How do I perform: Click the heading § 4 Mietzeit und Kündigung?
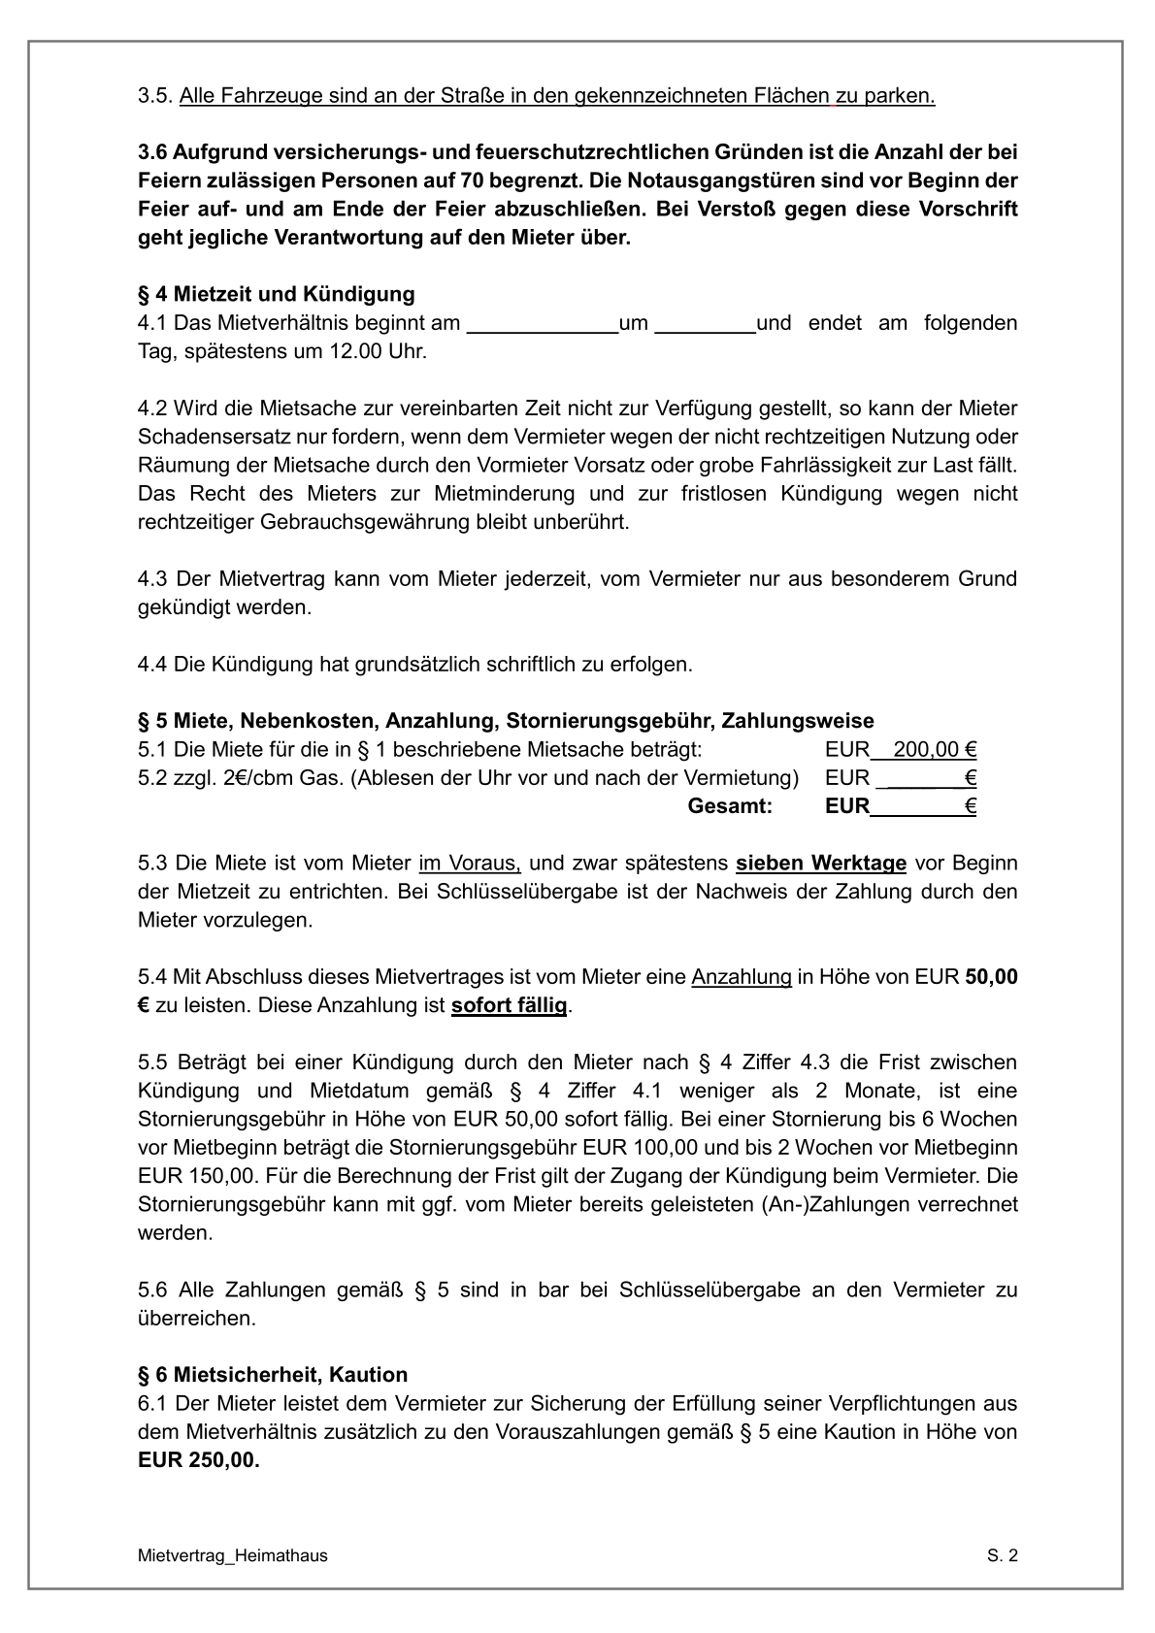[x=277, y=294]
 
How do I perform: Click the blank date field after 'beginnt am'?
[x=543, y=325]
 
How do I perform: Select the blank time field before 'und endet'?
[x=705, y=325]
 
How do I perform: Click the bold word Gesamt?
[x=729, y=806]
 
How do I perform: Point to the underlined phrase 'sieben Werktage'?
[x=821, y=863]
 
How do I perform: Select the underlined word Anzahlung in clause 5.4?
[x=742, y=977]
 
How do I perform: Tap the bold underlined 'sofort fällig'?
[x=509, y=1005]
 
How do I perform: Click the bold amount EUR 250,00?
[x=199, y=1460]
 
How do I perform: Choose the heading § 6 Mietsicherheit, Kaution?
[x=273, y=1375]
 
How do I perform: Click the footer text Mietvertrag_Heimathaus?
[x=233, y=1556]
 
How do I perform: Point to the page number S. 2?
[x=1003, y=1556]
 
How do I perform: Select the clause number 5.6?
[x=152, y=1290]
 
